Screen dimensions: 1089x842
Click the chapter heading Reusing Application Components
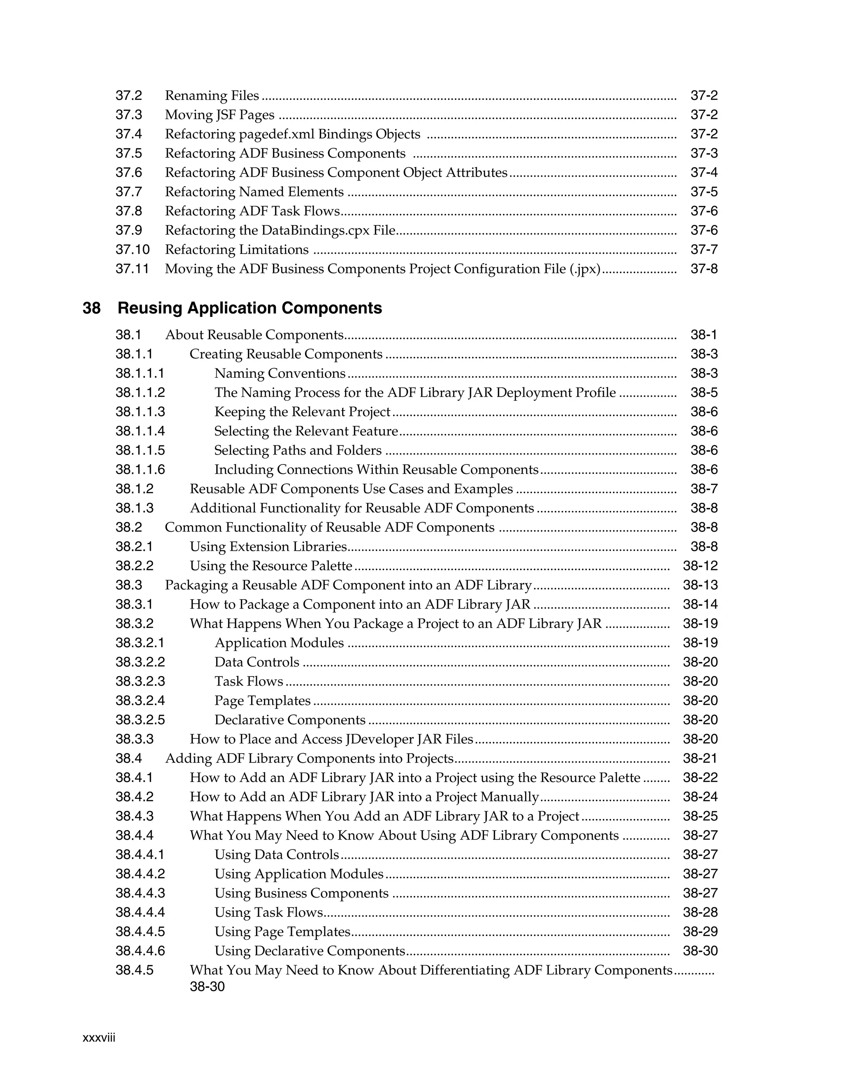tap(250, 308)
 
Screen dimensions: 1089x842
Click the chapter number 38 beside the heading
tap(91, 308)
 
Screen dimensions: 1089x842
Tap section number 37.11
tap(132, 269)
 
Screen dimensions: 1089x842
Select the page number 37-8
tap(704, 269)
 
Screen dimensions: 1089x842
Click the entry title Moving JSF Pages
tap(220, 115)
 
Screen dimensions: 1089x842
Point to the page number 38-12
tap(700, 565)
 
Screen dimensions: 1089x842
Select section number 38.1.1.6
tap(140, 469)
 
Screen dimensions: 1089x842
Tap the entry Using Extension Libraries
tap(268, 547)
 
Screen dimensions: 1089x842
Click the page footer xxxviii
tap(99, 1038)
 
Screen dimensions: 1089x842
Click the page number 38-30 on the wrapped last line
tap(207, 986)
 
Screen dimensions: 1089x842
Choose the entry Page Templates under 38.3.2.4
tap(262, 701)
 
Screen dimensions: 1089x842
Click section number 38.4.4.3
tap(140, 893)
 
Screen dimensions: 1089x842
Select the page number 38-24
tap(700, 797)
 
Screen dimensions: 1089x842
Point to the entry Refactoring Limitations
tap(236, 249)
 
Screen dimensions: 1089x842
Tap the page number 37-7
tap(704, 249)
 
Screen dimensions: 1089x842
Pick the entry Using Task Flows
tap(268, 912)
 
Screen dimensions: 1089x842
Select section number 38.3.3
tap(134, 739)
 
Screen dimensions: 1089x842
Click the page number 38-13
tap(700, 585)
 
